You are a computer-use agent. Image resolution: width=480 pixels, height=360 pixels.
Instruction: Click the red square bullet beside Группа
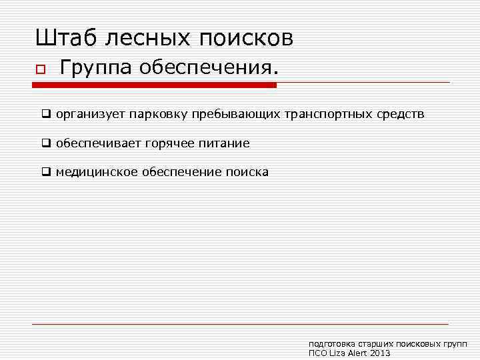40,70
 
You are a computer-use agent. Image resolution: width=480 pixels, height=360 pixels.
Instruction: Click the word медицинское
97,172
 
